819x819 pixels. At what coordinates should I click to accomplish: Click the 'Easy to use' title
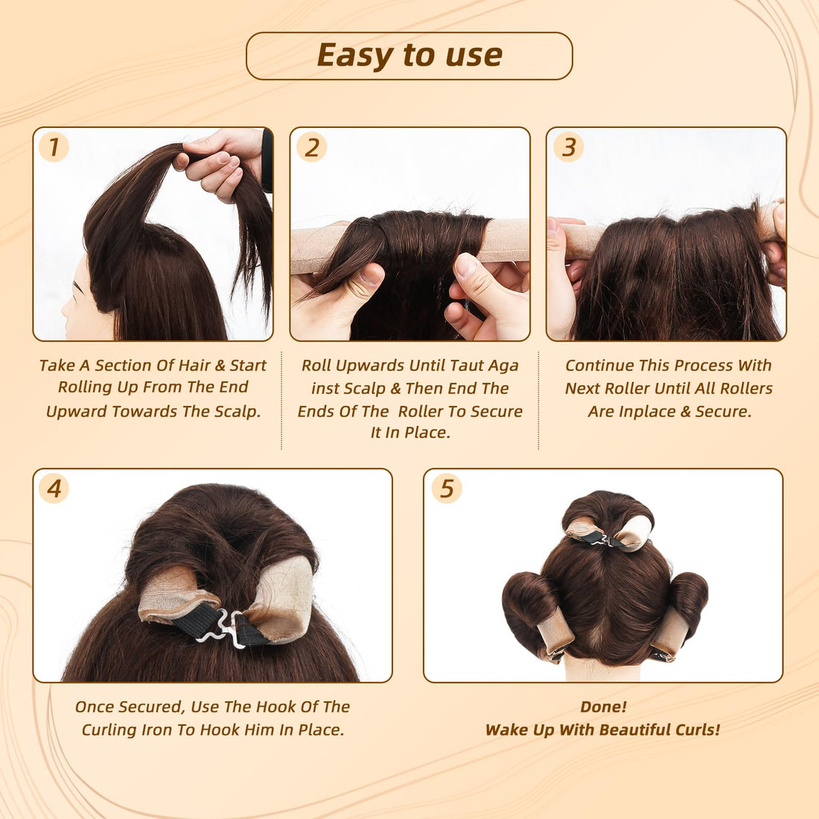409,55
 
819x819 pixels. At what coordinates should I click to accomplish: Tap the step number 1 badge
54,147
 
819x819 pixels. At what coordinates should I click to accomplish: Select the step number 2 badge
311,147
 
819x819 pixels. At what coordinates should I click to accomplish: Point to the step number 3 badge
569,147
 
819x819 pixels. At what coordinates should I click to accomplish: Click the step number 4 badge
54,488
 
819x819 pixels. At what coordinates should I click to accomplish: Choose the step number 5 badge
446,488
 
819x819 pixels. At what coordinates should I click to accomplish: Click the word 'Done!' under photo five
603,707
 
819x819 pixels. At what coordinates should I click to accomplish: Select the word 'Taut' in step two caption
465,366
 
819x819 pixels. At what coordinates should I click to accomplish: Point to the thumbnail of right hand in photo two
467,264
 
